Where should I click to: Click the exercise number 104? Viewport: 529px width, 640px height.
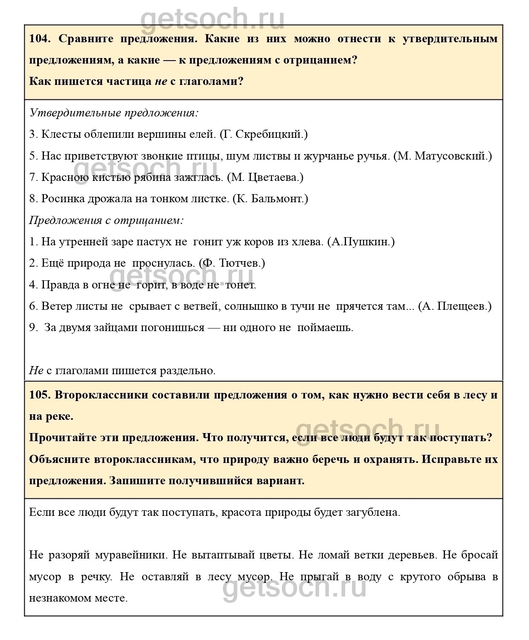pos(40,39)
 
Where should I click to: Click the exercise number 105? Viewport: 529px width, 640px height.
pos(40,395)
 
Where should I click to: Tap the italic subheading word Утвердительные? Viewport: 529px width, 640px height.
pos(75,113)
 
